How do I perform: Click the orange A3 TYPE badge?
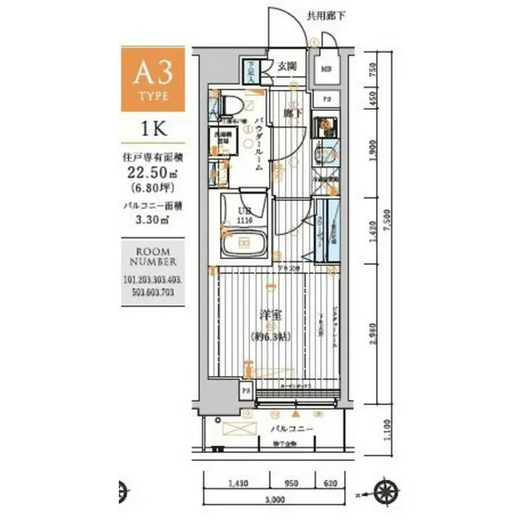coord(153,79)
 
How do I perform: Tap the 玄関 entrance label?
coord(286,66)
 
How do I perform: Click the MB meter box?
coord(327,69)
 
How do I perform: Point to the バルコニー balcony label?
coord(290,427)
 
